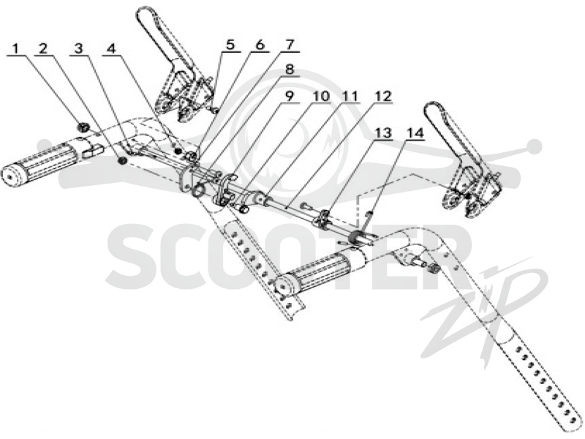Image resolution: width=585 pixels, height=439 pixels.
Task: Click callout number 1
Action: coord(15,48)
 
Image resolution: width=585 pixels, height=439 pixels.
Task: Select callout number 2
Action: coord(43,48)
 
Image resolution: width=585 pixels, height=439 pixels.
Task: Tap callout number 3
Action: coord(78,48)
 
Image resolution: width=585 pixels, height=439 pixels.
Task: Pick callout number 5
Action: coord(230,45)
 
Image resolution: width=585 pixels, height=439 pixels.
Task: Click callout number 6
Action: coord(260,45)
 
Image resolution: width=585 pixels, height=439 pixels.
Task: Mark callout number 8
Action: coord(290,70)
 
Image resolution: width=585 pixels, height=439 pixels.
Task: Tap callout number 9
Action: coord(289,96)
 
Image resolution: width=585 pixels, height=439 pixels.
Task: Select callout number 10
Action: coord(321,96)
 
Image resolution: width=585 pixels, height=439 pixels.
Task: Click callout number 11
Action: coord(350,96)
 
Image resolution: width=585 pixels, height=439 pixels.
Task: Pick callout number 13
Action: coord(383,133)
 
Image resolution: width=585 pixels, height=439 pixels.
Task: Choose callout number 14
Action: coord(415,133)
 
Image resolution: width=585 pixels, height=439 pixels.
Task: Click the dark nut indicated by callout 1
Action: coord(83,127)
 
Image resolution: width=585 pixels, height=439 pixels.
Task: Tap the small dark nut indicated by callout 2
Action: coord(121,161)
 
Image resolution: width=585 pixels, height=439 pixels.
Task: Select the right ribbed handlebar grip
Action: coord(317,274)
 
